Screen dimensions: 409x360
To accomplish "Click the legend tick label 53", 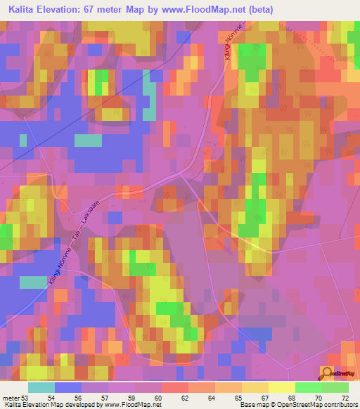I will (x=26, y=398).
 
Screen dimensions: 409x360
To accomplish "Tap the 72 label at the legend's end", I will (x=345, y=398).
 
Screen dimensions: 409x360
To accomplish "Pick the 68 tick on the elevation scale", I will (x=293, y=398).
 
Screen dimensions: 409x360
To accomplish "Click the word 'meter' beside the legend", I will (x=11, y=398).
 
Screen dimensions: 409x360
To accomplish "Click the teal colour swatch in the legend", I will (x=41, y=387).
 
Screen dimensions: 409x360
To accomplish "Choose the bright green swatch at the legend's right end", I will (x=335, y=387).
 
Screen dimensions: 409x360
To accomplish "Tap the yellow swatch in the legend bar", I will (x=281, y=387).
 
